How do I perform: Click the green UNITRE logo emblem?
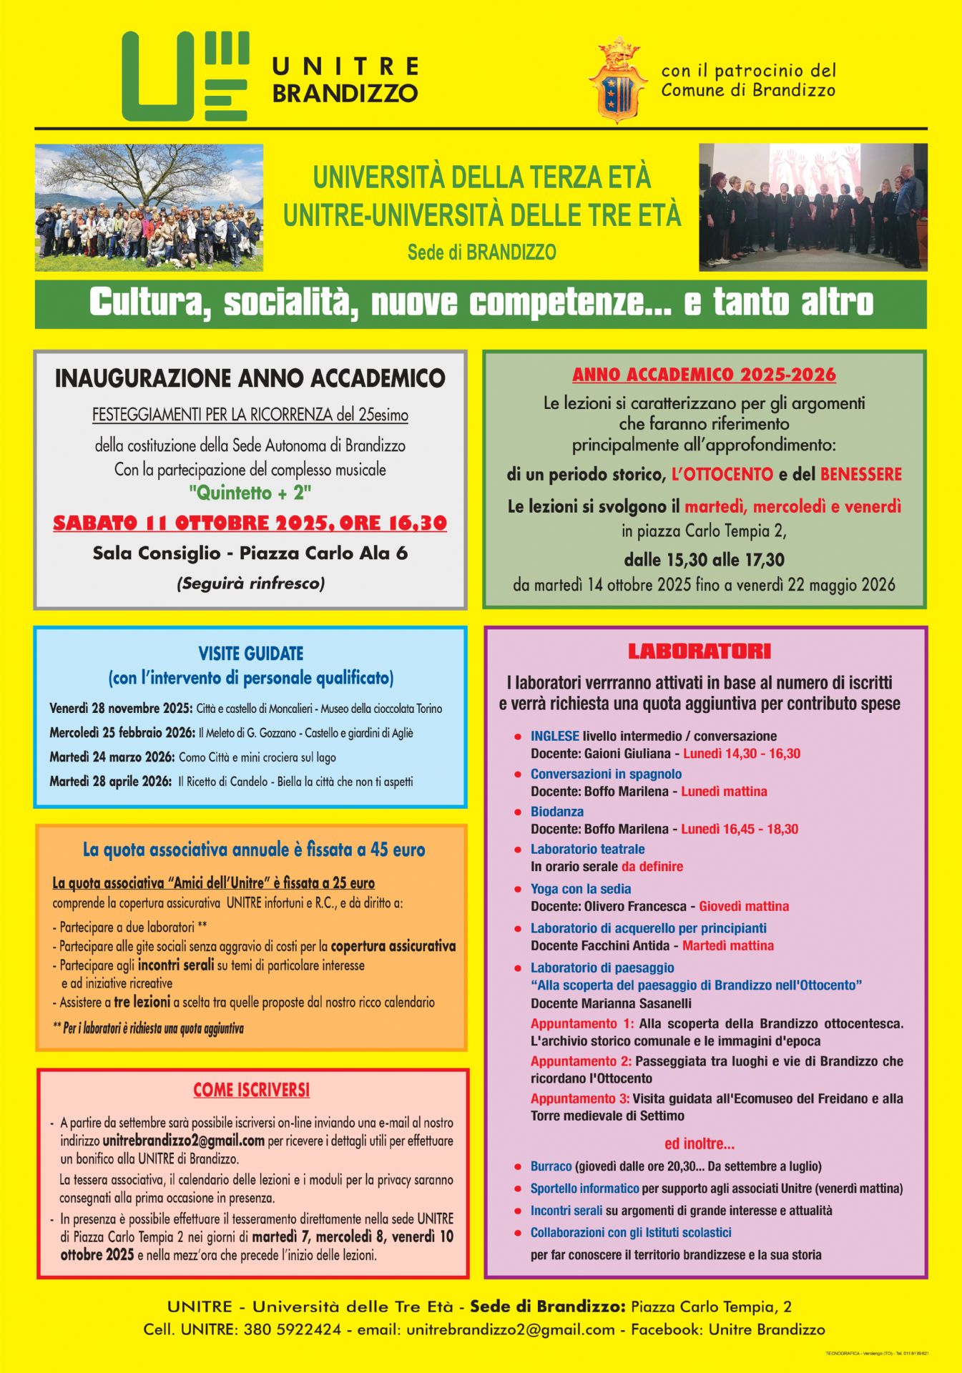coord(185,77)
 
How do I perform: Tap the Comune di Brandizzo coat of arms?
coord(618,81)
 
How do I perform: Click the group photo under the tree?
coord(149,207)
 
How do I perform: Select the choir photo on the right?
coord(813,207)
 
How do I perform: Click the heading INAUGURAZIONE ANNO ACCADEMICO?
coord(250,378)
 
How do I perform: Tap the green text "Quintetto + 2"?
coord(250,493)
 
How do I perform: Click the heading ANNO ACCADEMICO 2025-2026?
coord(704,375)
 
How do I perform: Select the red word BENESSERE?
coord(860,474)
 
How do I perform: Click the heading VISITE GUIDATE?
coord(250,654)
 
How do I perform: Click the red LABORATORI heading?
coord(699,651)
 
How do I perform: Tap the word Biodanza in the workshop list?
coord(556,812)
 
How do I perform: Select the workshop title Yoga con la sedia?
coord(580,889)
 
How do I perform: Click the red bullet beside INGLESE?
coord(517,737)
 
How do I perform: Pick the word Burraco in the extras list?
coord(551,1166)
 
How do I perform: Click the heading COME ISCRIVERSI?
coord(251,1091)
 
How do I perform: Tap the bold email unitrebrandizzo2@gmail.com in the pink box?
coord(183,1141)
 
